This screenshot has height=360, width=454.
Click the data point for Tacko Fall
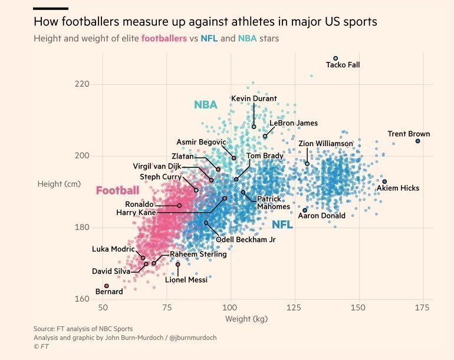tap(335, 58)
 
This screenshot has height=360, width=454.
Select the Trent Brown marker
tap(418, 141)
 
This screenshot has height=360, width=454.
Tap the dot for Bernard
tap(107, 286)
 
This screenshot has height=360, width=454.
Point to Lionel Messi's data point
tap(178, 264)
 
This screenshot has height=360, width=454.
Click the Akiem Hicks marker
tap(384, 181)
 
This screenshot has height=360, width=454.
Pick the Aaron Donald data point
tap(305, 210)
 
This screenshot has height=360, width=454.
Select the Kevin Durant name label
tap(254, 98)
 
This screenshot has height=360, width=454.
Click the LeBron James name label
tap(294, 123)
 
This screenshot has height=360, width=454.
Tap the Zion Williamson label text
tap(325, 144)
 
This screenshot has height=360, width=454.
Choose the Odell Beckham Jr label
tap(246, 240)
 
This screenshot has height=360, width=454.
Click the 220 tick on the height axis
tap(82, 84)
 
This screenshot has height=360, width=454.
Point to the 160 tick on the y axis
tap(82, 299)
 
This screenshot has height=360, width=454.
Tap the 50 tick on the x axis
tap(103, 308)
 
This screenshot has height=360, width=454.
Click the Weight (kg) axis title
tap(246, 319)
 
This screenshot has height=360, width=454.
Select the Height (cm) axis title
tap(59, 184)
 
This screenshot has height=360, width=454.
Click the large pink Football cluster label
tap(117, 190)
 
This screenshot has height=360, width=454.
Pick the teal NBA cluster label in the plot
tap(206, 104)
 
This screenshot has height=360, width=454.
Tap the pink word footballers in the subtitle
tap(164, 38)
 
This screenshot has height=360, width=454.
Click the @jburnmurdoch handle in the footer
tap(193, 338)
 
